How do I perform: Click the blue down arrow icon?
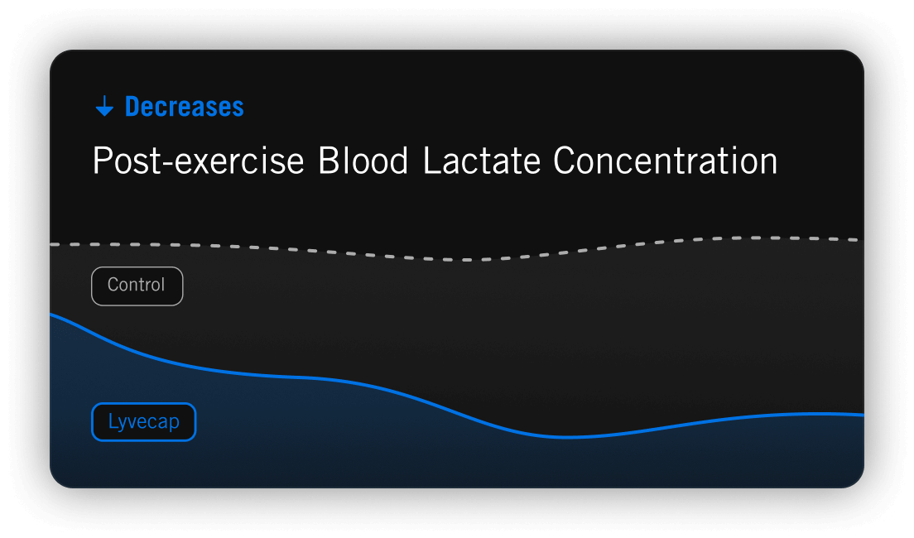pos(104,106)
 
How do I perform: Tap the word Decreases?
pos(184,107)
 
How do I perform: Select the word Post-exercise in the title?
pos(198,161)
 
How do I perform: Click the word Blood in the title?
pos(363,161)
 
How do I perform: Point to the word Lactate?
pos(482,161)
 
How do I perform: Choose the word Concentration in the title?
pos(665,161)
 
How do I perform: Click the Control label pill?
pos(137,286)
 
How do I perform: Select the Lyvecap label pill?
pos(143,421)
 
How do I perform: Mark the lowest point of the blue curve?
pos(565,436)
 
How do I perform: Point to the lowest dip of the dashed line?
pos(466,259)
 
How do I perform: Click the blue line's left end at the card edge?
pos(51,315)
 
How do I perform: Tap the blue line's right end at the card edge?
pos(863,415)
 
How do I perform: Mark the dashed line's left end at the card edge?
pos(51,244)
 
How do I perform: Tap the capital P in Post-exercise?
pos(103,161)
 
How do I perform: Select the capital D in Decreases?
pos(133,107)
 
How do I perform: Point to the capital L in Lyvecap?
pos(113,420)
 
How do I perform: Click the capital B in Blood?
pos(328,161)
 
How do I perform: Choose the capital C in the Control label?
pos(113,285)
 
